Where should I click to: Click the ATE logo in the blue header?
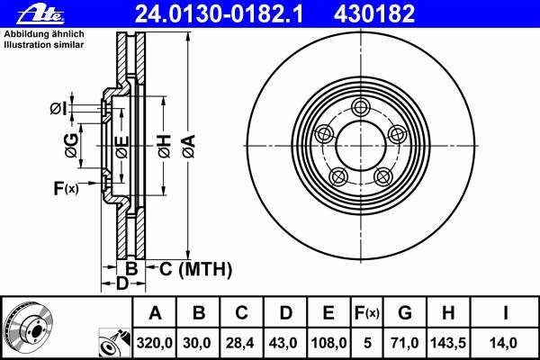[40, 14]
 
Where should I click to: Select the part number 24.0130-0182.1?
[219, 14]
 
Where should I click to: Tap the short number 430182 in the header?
[374, 14]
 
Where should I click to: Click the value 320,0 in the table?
[154, 343]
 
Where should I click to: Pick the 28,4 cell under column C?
[239, 343]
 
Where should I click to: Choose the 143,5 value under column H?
[448, 343]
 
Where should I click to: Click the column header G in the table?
[405, 313]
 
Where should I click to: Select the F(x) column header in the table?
[367, 313]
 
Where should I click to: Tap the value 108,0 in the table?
[328, 343]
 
